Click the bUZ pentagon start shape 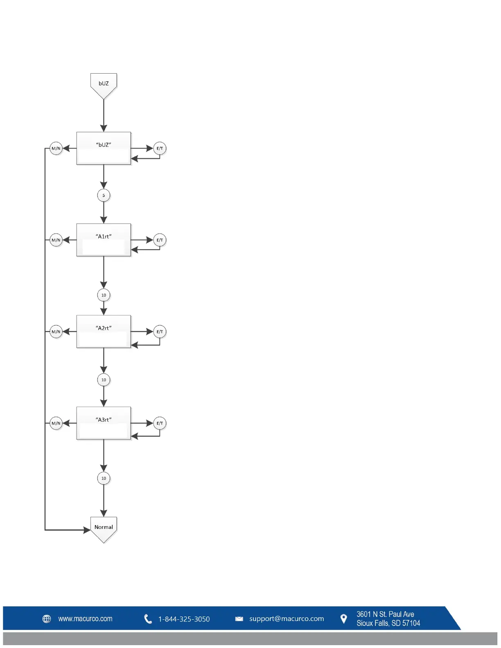coord(104,84)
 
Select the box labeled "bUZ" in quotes coord(104,148)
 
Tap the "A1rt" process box coord(104,240)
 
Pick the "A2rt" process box coord(104,331)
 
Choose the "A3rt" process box coord(104,423)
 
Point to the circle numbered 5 coord(104,195)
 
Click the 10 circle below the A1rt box coord(104,295)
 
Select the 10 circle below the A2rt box coord(104,380)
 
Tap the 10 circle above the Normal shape coord(104,478)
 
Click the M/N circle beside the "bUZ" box coord(56,148)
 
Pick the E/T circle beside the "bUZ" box coord(160,148)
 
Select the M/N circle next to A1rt coord(56,240)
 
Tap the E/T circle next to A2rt coord(160,332)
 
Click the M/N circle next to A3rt coord(56,423)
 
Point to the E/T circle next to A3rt coord(160,423)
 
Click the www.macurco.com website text coord(85,619)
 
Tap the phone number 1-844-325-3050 coord(184,619)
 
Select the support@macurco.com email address coord(287,619)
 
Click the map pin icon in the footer coord(344,619)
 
